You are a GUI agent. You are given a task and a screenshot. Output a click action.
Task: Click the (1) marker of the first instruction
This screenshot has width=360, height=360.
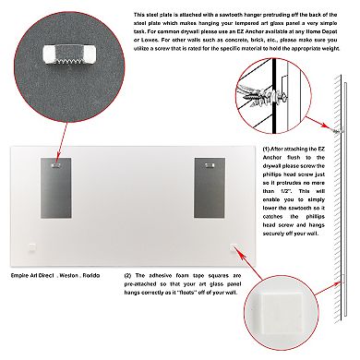pos(268,148)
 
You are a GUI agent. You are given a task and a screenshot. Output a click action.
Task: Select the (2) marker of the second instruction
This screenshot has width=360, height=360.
pos(126,275)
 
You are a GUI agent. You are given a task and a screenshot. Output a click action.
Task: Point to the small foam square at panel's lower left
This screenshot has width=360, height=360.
pos(32,246)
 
